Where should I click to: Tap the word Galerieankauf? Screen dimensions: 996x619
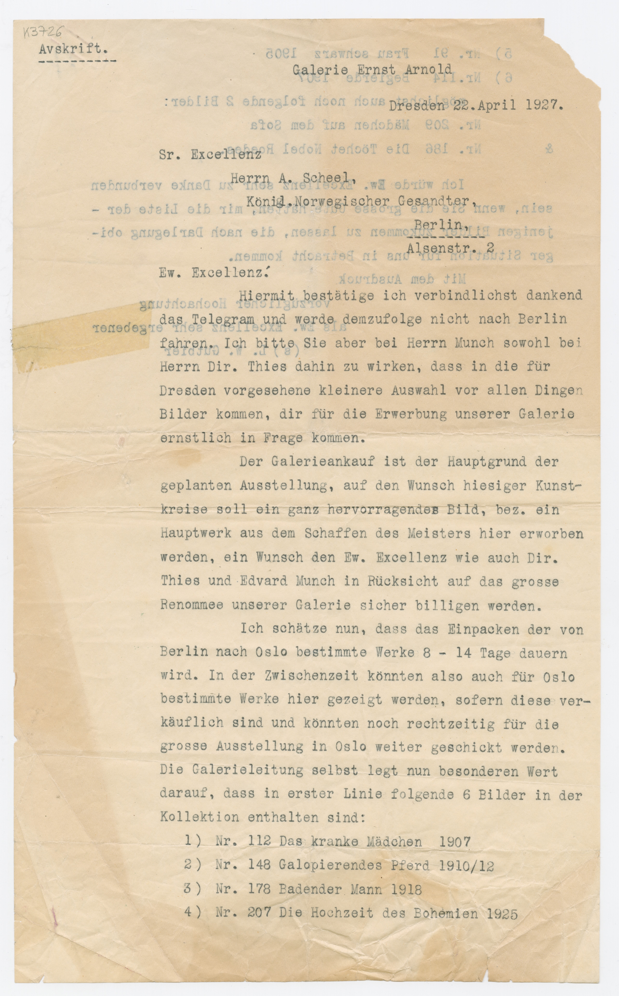pos(323,462)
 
